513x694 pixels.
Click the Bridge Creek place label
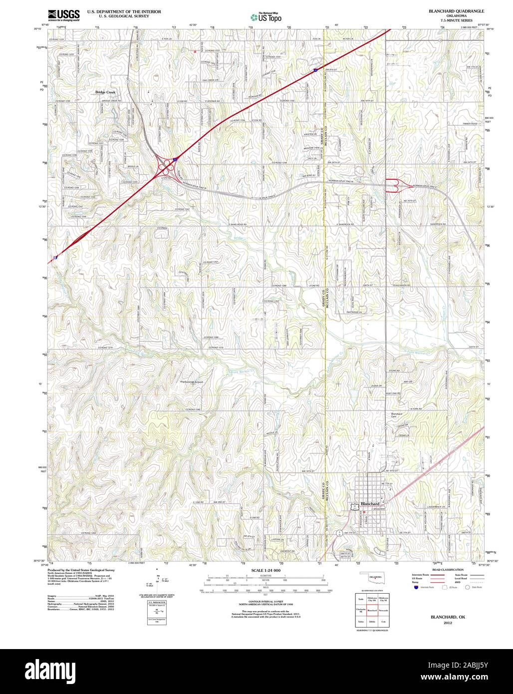pyautogui.click(x=105, y=92)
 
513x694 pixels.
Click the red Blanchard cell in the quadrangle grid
pyautogui.click(x=371, y=610)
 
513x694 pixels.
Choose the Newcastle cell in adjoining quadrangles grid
pyautogui.click(x=384, y=610)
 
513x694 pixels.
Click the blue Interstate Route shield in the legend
pyautogui.click(x=415, y=588)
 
